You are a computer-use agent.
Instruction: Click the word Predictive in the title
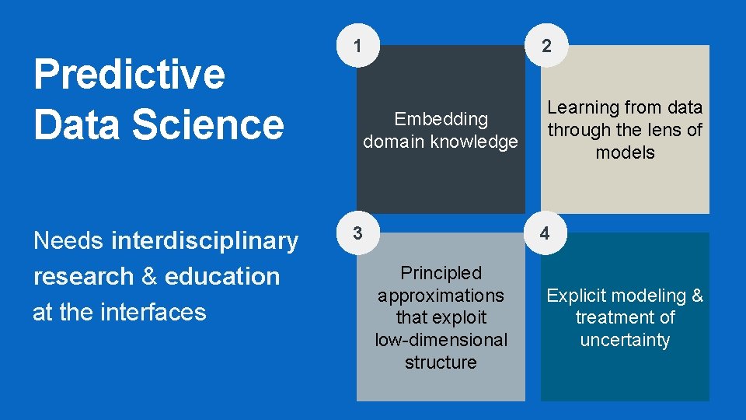[x=129, y=75]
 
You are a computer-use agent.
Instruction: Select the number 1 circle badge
[x=357, y=46]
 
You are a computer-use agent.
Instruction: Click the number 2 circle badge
[x=547, y=46]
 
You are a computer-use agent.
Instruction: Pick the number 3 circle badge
[x=357, y=233]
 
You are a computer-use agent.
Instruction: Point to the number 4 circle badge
[x=545, y=233]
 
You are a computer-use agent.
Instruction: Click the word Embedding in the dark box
[x=441, y=119]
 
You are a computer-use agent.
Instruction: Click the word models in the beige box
[x=625, y=152]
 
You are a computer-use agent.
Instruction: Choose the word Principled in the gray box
[x=441, y=273]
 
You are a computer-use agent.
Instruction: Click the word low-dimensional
[x=441, y=340]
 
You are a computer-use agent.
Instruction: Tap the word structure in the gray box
[x=441, y=362]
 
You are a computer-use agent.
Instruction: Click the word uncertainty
[x=625, y=340]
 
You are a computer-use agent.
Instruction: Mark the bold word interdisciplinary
[x=204, y=241]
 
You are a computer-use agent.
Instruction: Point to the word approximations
[x=441, y=296]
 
